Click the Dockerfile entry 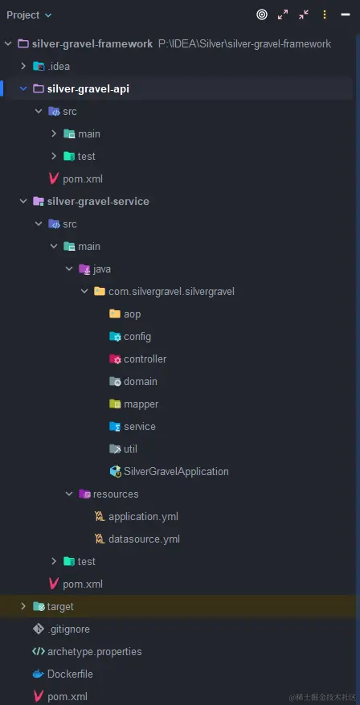pos(70,674)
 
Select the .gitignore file pos(68,629)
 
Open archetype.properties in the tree pos(94,651)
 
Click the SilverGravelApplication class pos(175,471)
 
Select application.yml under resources pos(143,516)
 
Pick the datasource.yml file pos(144,539)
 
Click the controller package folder pos(145,359)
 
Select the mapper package pos(141,404)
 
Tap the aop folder pos(132,314)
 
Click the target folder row pos(59,606)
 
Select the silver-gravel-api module pos(88,88)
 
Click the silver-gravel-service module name pos(98,201)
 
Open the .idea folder pos(58,66)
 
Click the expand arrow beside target pos(23,606)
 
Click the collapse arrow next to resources pos(69,494)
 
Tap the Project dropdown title pos(29,14)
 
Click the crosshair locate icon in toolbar pos(262,14)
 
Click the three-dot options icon pos(325,14)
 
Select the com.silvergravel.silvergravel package pos(170,291)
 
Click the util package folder pos(130,449)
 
